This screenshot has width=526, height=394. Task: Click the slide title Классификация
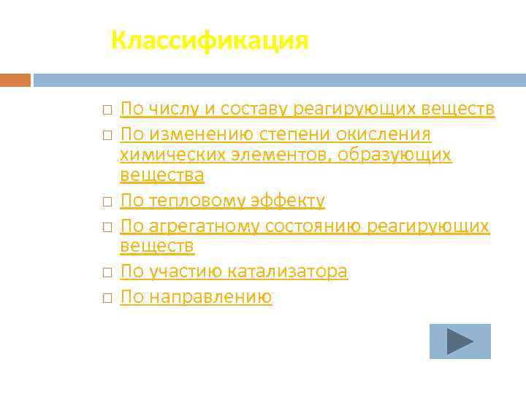coord(210,40)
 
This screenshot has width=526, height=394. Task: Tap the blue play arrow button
coord(460,341)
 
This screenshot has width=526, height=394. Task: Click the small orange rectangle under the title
coord(15,80)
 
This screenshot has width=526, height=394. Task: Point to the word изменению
coord(192,135)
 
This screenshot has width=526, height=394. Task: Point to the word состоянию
coord(315,227)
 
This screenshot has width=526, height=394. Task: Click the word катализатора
coord(288,272)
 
